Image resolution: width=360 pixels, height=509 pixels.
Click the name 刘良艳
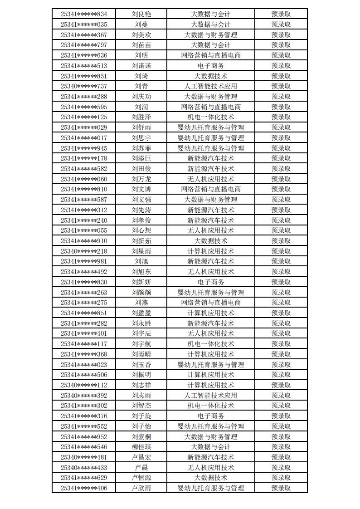[x=141, y=14]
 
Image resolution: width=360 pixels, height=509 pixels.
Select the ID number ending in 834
[x=84, y=14]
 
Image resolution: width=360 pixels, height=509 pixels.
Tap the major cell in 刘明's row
[x=211, y=55]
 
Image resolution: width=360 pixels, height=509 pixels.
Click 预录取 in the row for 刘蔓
[x=281, y=24]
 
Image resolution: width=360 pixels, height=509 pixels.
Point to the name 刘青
[x=141, y=86]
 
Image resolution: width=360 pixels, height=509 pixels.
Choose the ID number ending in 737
[x=84, y=86]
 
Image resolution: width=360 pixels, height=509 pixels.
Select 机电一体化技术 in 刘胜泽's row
[x=211, y=117]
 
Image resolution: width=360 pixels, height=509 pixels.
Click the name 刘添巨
[x=141, y=158]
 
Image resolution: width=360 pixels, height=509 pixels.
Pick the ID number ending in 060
[x=84, y=179]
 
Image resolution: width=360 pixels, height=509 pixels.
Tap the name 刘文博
[x=141, y=189]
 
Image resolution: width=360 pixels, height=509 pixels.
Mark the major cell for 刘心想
[x=211, y=230]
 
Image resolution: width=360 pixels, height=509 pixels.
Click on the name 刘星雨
[x=141, y=251]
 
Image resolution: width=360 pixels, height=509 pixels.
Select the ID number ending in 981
[x=84, y=261]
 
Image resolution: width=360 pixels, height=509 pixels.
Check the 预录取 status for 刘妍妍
[x=281, y=282]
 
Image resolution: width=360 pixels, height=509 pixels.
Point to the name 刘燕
[x=141, y=303]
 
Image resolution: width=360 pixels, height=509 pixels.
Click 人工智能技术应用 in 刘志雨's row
[x=211, y=396]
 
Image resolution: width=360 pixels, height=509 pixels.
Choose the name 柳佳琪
[x=141, y=447]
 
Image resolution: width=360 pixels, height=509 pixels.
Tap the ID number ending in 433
[x=84, y=468]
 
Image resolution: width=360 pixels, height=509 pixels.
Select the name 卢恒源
[x=141, y=478]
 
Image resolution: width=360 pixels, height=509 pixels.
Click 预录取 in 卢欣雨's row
[x=281, y=488]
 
